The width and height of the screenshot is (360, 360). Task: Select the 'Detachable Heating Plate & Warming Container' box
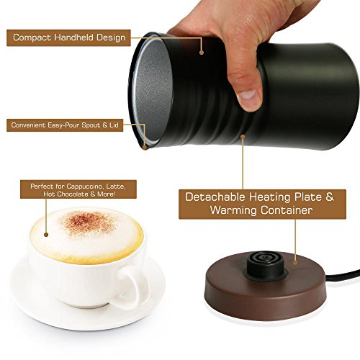251,203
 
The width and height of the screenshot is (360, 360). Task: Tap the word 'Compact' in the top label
32,37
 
